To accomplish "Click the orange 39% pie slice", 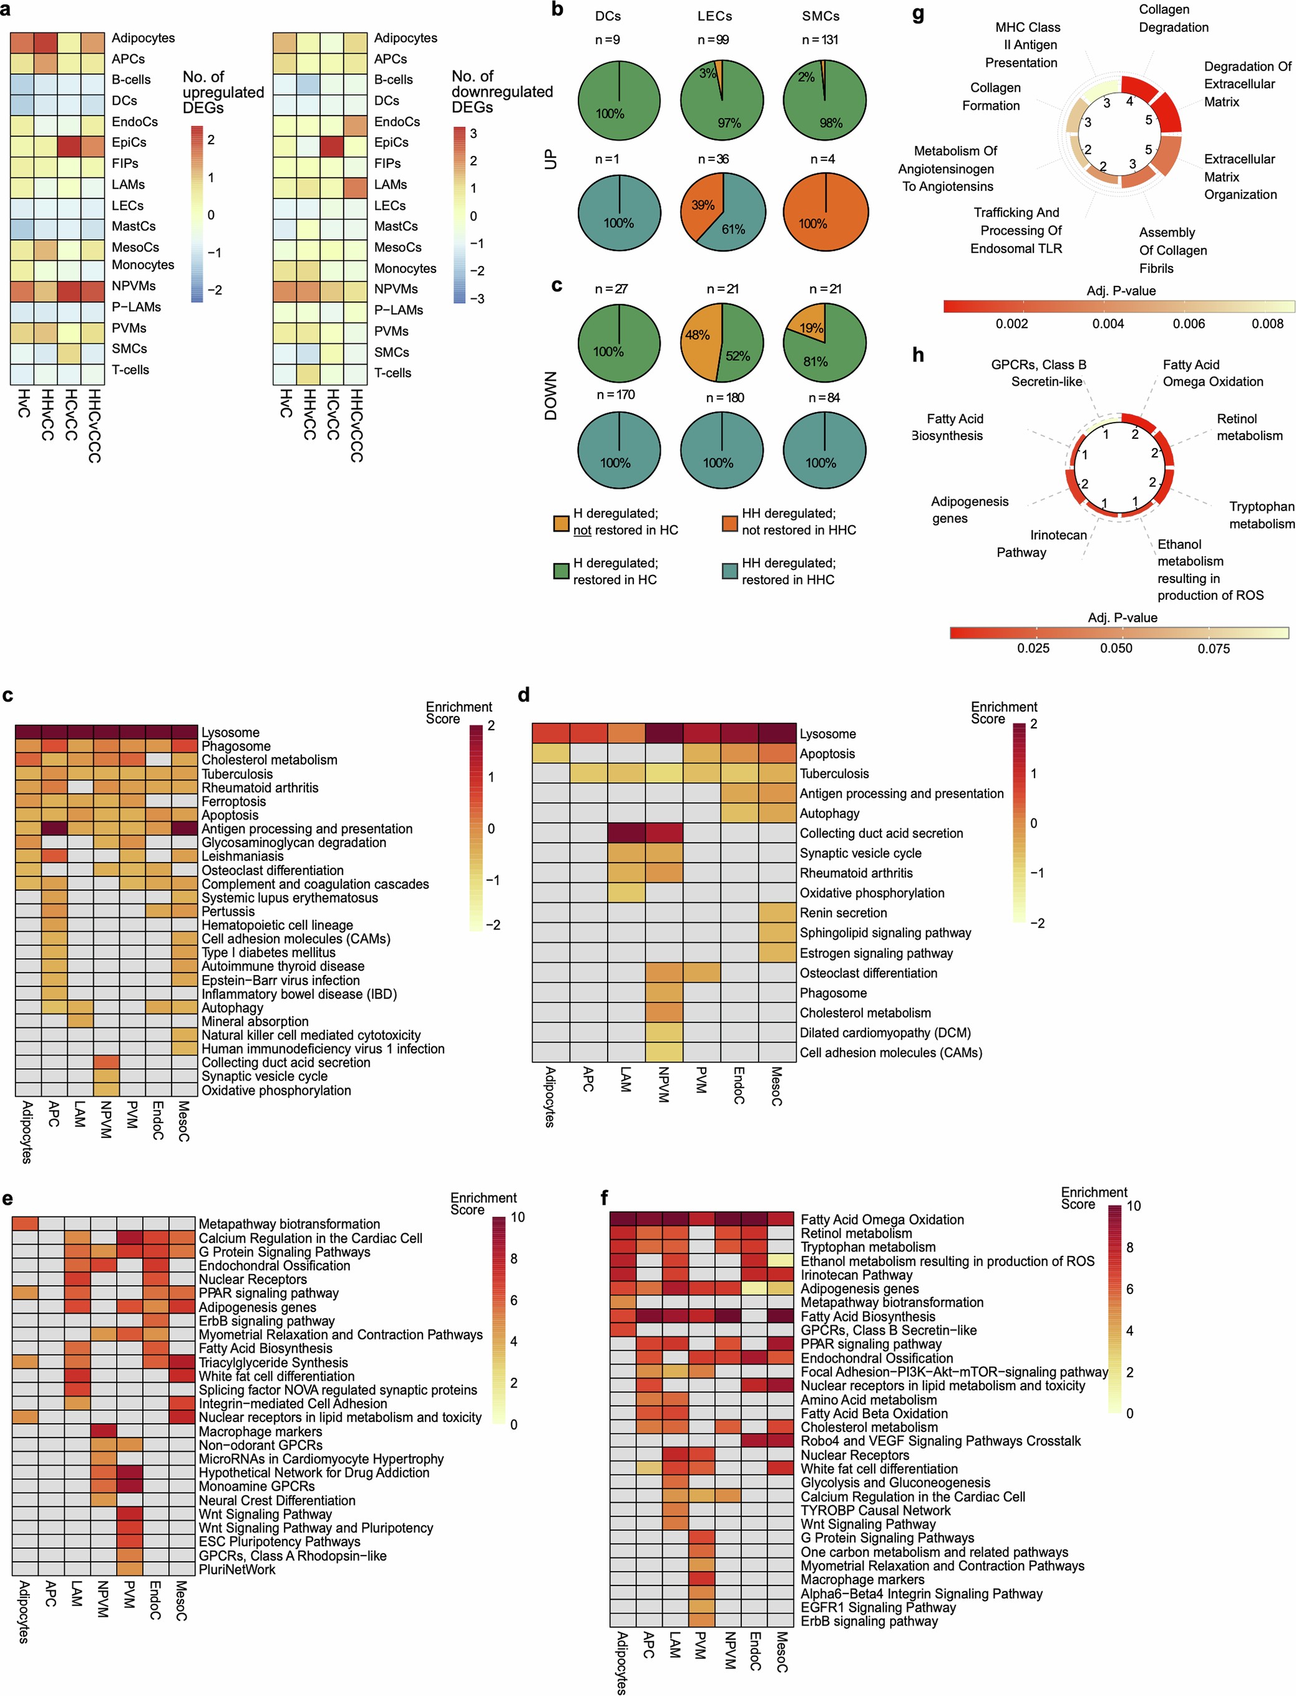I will [701, 205].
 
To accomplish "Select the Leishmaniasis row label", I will [242, 856].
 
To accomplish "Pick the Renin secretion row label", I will [843, 913].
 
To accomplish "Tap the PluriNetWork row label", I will [237, 1569].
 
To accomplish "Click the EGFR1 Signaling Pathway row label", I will [878, 1607].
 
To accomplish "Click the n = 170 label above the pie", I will [615, 395].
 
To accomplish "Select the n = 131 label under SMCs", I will [820, 40].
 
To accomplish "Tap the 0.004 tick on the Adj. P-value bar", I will [1108, 324].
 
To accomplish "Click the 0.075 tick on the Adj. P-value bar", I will [1214, 648].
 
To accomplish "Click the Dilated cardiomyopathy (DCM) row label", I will [885, 1032].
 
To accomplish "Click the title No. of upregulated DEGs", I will [223, 92].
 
